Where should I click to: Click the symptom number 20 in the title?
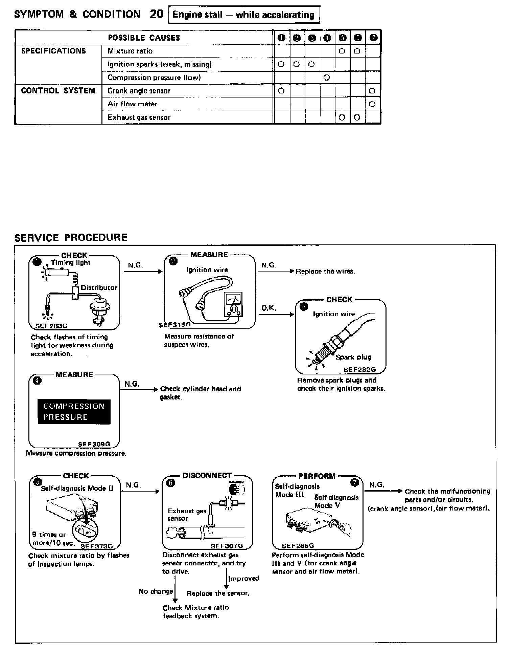[157, 14]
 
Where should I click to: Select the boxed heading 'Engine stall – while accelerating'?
[243, 15]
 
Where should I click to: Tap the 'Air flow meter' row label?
[132, 104]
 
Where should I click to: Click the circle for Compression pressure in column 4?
[326, 78]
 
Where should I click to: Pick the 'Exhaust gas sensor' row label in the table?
[139, 117]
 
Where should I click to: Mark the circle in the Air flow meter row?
[372, 104]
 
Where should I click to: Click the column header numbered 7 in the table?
[373, 38]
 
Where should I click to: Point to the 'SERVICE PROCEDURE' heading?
[71, 237]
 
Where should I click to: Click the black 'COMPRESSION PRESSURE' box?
[74, 412]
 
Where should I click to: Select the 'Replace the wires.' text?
[325, 271]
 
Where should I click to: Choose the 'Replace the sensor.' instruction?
[218, 593]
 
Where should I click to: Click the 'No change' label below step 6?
[156, 591]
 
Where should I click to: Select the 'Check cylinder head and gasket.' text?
[200, 393]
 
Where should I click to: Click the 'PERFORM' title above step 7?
[317, 476]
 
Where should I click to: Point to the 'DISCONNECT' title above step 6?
[207, 475]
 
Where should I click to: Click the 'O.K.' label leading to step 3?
[268, 308]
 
